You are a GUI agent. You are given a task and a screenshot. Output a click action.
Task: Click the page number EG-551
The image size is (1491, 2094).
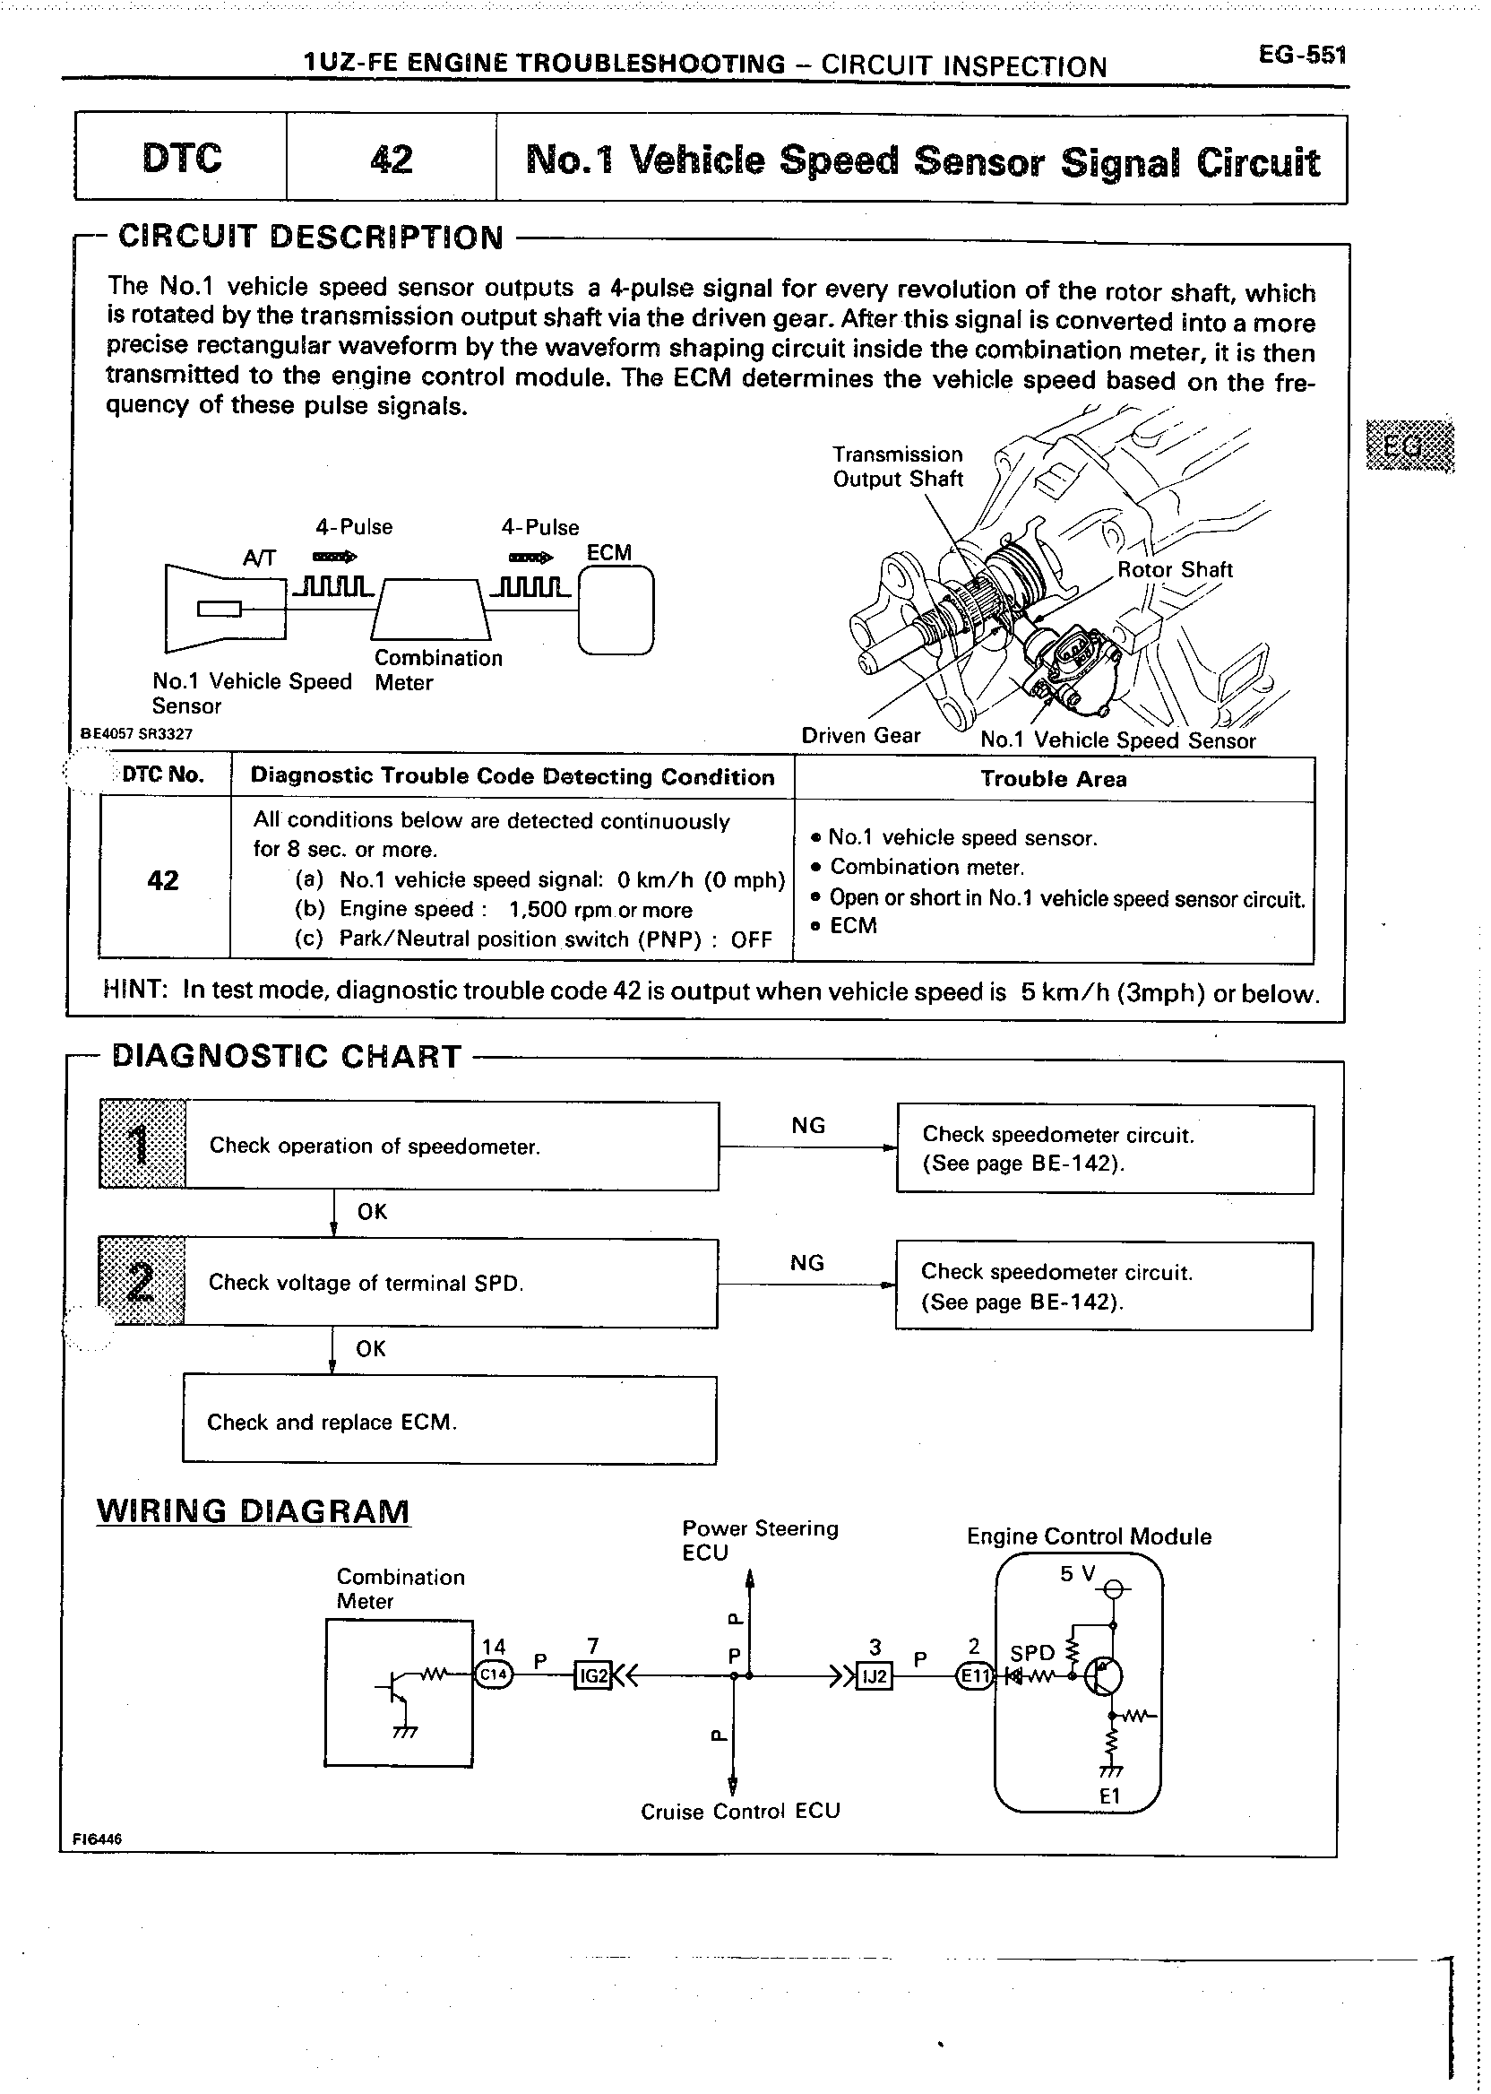pos(1302,55)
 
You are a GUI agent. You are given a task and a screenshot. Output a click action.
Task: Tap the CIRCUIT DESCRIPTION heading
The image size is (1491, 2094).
pos(311,237)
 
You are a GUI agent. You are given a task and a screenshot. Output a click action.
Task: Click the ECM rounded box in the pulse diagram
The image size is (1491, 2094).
pos(616,610)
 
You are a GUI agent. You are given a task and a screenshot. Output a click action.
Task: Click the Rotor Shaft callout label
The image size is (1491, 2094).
pos(1175,569)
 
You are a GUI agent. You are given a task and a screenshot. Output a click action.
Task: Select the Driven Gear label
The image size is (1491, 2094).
pos(860,736)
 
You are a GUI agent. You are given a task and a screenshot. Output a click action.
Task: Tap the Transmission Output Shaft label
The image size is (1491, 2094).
pos(897,466)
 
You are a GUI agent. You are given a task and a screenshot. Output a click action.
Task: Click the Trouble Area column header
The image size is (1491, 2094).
pos(1053,779)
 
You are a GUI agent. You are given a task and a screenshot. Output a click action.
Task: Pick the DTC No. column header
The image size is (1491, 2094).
pos(163,775)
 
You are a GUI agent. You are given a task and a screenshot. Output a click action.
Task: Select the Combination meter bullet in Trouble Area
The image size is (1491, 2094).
pos(926,867)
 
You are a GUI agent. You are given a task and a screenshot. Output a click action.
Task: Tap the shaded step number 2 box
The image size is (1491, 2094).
pos(142,1282)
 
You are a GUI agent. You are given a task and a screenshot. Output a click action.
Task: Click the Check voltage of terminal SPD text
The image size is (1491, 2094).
pos(366,1283)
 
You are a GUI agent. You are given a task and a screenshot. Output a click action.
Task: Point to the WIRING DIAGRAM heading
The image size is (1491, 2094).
pos(254,1510)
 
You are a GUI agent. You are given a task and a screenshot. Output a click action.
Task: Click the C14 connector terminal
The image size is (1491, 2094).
pos(493,1674)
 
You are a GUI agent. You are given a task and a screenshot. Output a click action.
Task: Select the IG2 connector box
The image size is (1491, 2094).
pos(593,1676)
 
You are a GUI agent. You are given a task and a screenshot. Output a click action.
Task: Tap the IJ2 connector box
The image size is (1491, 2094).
pos(873,1677)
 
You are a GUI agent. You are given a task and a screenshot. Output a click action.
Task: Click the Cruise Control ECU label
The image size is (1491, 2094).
pos(740,1811)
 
